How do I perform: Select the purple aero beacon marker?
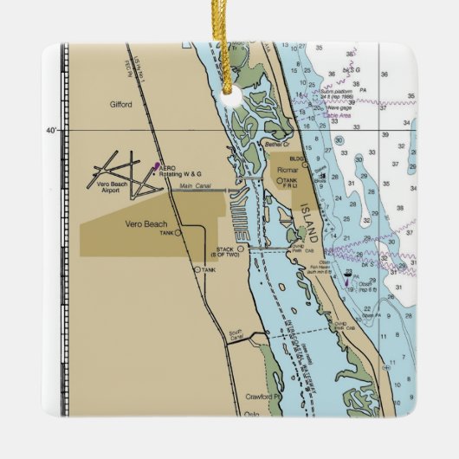point(156,165)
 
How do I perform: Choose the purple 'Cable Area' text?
point(338,114)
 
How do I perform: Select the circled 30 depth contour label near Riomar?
point(339,139)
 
